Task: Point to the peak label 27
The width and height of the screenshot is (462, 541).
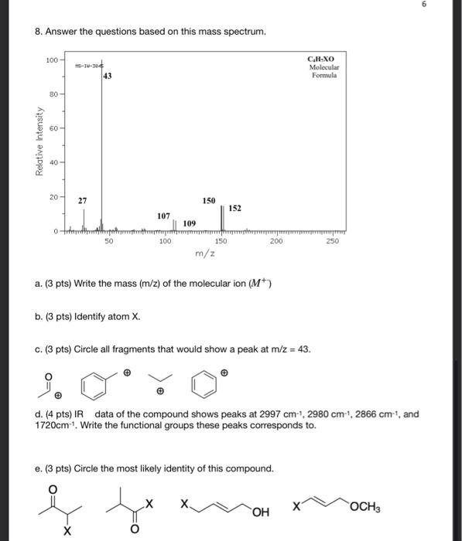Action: pos(82,200)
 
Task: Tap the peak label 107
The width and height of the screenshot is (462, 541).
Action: pos(163,216)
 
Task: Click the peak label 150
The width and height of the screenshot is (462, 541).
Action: pos(209,200)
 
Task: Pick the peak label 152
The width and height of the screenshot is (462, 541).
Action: pos(235,208)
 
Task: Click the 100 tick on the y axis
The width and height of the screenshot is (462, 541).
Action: pos(52,60)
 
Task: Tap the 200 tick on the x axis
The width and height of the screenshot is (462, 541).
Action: pos(276,242)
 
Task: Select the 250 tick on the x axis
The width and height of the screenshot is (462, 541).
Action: pos(333,242)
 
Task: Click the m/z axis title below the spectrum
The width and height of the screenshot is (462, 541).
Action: pos(204,253)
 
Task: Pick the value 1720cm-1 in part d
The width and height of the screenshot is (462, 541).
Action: pos(55,425)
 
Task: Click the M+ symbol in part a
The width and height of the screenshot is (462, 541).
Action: pos(255,284)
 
